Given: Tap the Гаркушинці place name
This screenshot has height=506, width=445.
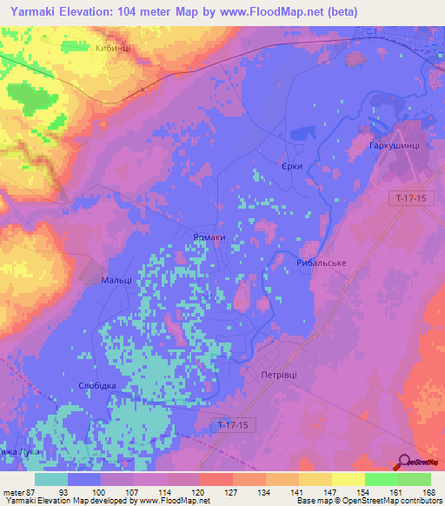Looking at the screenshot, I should (395, 146).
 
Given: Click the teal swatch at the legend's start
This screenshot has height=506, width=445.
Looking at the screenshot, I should (51, 479).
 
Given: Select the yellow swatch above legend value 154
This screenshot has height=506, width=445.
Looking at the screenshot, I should (348, 479).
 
